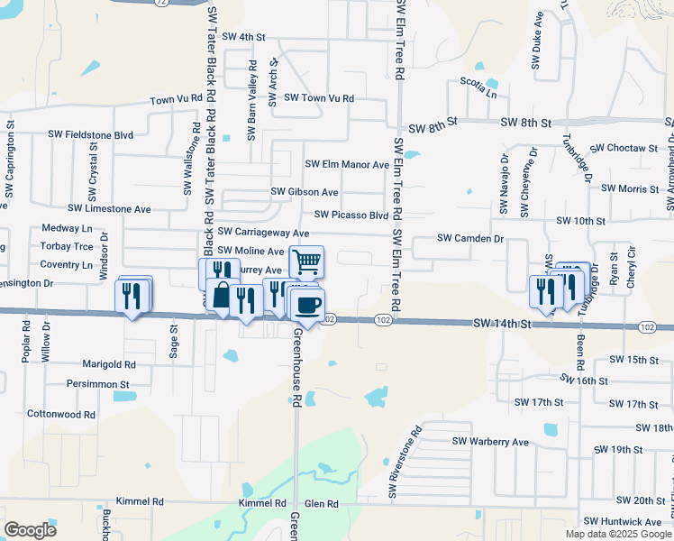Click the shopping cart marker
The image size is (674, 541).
306,262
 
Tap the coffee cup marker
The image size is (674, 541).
307,305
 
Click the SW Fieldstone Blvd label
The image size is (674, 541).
92,134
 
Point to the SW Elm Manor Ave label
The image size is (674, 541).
347,165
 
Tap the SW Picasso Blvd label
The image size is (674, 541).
351,215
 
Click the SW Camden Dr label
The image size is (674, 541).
469,238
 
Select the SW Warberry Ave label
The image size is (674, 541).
490,442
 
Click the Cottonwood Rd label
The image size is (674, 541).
61,415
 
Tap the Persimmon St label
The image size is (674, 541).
98,384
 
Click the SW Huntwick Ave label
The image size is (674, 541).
622,522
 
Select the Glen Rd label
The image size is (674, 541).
321,503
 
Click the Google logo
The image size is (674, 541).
30,529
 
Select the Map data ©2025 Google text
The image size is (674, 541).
618,534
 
